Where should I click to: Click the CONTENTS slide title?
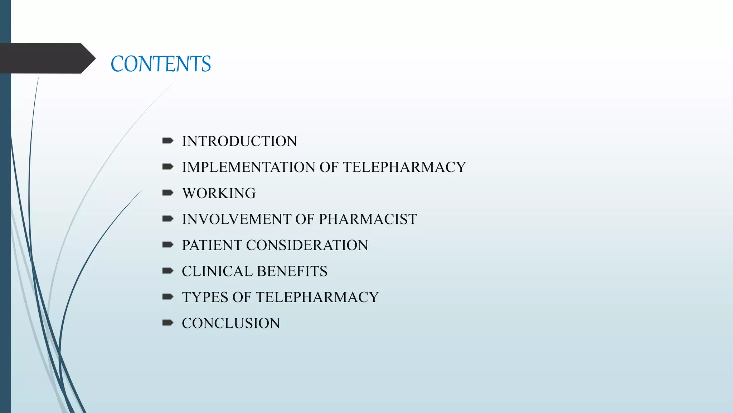pos(161,64)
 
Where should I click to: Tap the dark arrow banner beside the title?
pos(47,58)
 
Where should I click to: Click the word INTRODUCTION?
pos(239,141)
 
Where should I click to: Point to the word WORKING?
pos(219,193)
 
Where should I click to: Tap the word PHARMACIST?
pos(368,219)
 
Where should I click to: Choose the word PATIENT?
pos(212,245)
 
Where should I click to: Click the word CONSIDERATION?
pos(307,245)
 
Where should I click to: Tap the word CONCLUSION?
pos(231,323)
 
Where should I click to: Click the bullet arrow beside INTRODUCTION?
pos(168,141)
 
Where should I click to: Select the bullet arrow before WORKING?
pos(168,193)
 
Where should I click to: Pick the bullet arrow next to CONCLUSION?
pos(168,323)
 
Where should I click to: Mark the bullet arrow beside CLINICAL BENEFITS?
pos(168,271)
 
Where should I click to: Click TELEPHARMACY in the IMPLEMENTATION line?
pos(404,167)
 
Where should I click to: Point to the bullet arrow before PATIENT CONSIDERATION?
pos(168,245)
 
